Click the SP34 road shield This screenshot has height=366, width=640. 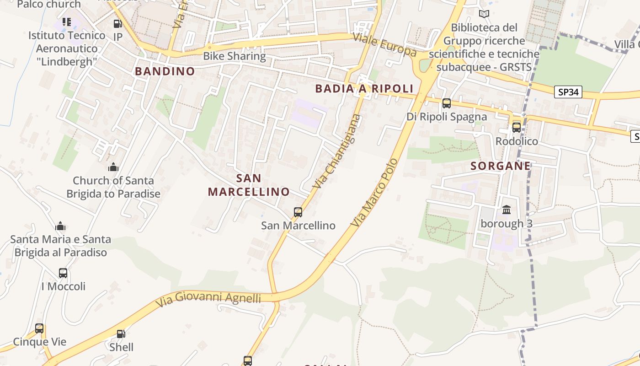(x=568, y=92)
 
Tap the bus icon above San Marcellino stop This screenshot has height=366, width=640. (x=298, y=212)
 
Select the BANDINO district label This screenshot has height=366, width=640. (x=165, y=71)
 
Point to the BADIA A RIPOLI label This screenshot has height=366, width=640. (x=364, y=89)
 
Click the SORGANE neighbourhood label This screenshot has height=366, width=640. (x=501, y=166)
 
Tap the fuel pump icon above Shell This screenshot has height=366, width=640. (x=121, y=334)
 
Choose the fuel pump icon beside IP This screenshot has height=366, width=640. (x=117, y=24)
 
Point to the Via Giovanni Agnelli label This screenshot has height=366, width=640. (x=208, y=298)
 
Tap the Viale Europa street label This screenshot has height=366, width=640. (x=385, y=45)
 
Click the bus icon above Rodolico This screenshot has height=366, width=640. (x=517, y=128)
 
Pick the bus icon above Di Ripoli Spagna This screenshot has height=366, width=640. (x=447, y=103)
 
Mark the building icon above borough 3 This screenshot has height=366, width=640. (x=507, y=210)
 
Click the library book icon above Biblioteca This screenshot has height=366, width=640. (x=484, y=14)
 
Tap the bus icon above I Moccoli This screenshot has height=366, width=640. (x=63, y=273)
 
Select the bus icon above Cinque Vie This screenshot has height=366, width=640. (x=39, y=328)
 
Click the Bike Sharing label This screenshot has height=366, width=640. (x=235, y=56)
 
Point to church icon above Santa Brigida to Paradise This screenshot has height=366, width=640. (x=113, y=167)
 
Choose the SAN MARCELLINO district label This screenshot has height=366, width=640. (x=249, y=185)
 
